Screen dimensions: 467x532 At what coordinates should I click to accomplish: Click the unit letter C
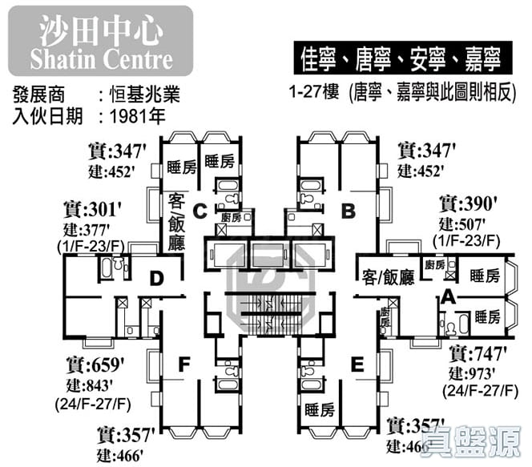tap(200, 211)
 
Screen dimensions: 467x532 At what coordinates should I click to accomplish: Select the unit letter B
tap(348, 211)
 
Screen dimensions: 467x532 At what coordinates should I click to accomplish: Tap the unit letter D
tap(157, 279)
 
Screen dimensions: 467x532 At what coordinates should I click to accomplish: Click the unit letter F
tap(183, 365)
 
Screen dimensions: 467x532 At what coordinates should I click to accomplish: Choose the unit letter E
tap(357, 365)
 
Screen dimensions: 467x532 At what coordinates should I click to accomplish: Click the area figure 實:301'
tap(94, 211)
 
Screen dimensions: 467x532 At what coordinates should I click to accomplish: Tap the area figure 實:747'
tap(478, 353)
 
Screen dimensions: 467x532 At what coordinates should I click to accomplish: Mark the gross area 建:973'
tap(478, 372)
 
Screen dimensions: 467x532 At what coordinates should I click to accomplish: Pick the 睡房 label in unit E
tap(320, 411)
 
